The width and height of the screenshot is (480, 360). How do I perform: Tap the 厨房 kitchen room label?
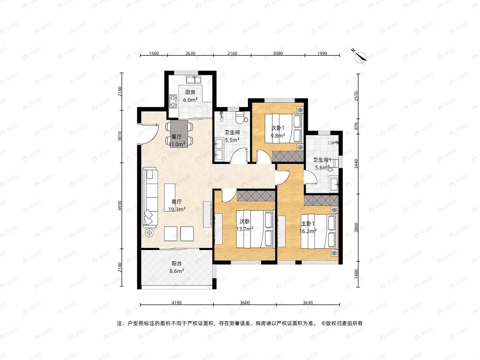click(190, 92)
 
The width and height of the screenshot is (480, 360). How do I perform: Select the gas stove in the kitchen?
click(173, 101)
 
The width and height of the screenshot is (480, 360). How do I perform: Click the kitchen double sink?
click(193, 80)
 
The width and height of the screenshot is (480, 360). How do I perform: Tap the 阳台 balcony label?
click(176, 264)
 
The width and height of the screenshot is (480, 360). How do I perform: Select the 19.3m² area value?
click(177, 209)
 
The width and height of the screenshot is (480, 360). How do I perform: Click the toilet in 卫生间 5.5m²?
click(241, 117)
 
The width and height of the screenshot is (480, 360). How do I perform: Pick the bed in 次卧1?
click(283, 129)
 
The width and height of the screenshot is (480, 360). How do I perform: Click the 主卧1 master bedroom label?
click(308, 223)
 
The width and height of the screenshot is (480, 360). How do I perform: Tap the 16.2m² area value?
click(308, 231)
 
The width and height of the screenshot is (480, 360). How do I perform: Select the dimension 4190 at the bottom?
click(177, 302)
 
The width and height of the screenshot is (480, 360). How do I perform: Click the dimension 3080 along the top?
click(278, 53)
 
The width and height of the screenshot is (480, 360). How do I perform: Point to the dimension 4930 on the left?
click(120, 206)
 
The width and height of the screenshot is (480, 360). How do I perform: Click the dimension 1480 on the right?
click(356, 274)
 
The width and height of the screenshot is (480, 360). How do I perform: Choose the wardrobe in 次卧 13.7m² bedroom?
click(256, 196)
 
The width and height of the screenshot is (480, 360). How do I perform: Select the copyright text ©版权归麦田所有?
click(342, 323)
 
